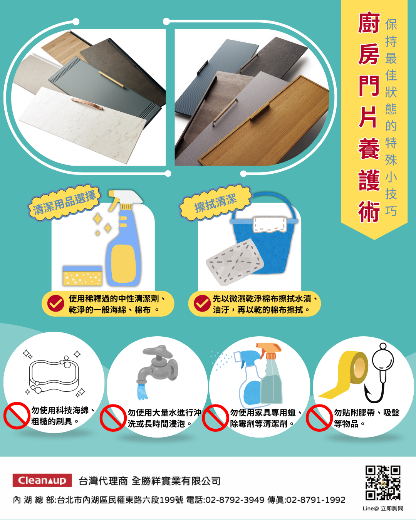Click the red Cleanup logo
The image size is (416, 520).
(x=42, y=480)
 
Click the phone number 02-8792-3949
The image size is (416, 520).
(x=235, y=500)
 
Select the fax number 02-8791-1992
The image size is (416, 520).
(x=316, y=500)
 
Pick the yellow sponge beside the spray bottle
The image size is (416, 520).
(x=82, y=276)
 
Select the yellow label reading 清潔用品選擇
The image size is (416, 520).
(x=64, y=203)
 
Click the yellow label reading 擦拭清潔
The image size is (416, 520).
(x=216, y=203)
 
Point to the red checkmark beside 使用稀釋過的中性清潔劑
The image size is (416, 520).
(x=55, y=303)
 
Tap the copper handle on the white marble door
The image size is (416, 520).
(x=87, y=104)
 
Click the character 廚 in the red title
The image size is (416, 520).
(x=369, y=23)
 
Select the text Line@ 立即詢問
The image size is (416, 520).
(x=382, y=508)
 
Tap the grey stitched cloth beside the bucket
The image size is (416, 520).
(x=235, y=262)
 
